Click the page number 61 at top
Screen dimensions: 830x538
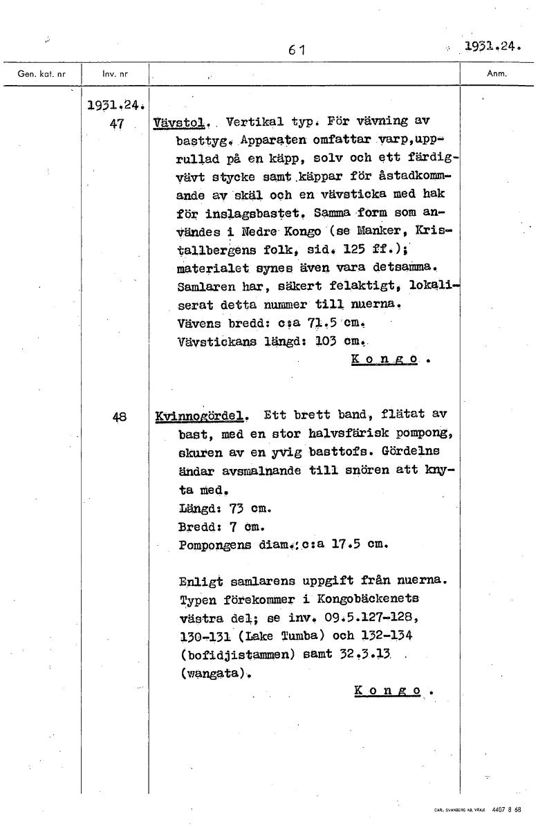pos(298,49)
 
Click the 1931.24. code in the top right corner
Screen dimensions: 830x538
pos(492,47)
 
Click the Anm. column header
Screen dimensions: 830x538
pos(497,72)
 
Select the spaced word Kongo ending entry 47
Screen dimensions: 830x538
pos(387,360)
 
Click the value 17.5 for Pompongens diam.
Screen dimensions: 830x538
pos(347,544)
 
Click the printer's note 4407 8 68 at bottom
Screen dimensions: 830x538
pos(508,808)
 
